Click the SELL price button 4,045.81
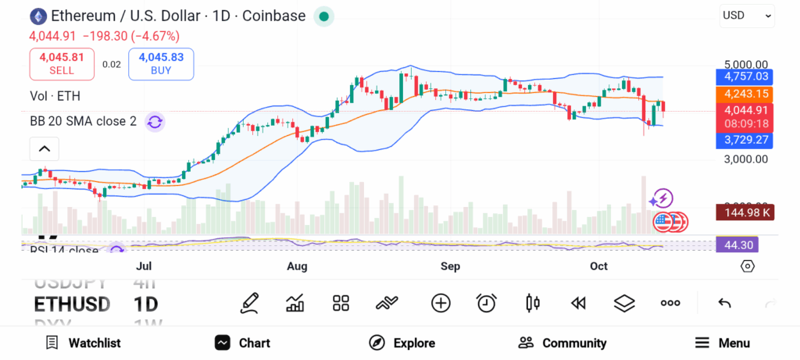[x=62, y=63]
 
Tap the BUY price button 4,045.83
[x=161, y=63]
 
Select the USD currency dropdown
[x=746, y=15]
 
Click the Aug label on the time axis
[x=297, y=266]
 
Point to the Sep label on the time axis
[x=450, y=266]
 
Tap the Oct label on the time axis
[x=598, y=266]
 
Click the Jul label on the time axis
[x=144, y=266]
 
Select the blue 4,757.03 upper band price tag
[x=746, y=77]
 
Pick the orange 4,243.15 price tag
[x=746, y=94]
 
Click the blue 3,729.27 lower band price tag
[x=746, y=140]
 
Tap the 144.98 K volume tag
[x=746, y=212]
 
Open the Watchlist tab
[x=83, y=343]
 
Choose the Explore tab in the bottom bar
[x=402, y=343]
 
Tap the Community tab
[x=562, y=343]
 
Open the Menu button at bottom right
[x=723, y=343]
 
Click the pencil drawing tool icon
[x=250, y=302]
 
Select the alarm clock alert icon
[x=487, y=303]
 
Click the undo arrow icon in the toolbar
[x=724, y=303]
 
